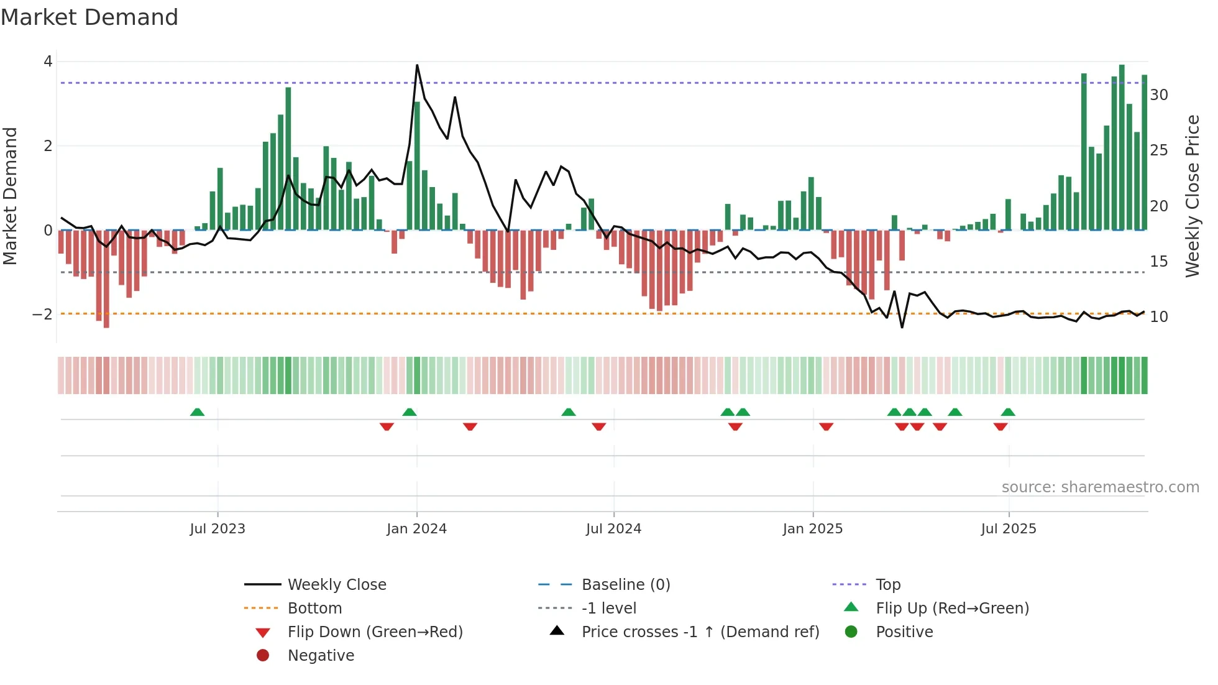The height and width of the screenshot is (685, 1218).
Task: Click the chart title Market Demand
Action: [89, 17]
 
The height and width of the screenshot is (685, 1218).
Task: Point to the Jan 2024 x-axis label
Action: [416, 529]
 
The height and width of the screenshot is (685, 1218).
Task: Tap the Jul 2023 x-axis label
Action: [217, 529]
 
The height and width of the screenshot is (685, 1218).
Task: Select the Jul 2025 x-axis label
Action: [1009, 529]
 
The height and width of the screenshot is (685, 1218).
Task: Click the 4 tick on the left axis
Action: [48, 62]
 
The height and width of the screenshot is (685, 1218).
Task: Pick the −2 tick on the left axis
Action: [42, 315]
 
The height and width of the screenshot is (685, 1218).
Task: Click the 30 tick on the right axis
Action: [1159, 95]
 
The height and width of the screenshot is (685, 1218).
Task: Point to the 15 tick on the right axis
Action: [1159, 262]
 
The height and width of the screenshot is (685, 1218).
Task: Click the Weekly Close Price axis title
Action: [1192, 196]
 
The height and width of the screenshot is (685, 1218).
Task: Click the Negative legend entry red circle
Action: [263, 656]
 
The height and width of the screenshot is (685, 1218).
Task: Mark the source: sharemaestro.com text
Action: [1100, 487]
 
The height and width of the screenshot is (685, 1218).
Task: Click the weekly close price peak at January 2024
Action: [417, 65]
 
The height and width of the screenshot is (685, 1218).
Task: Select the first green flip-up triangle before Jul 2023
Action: [197, 412]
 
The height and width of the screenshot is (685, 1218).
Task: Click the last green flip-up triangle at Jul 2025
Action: [1008, 412]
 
